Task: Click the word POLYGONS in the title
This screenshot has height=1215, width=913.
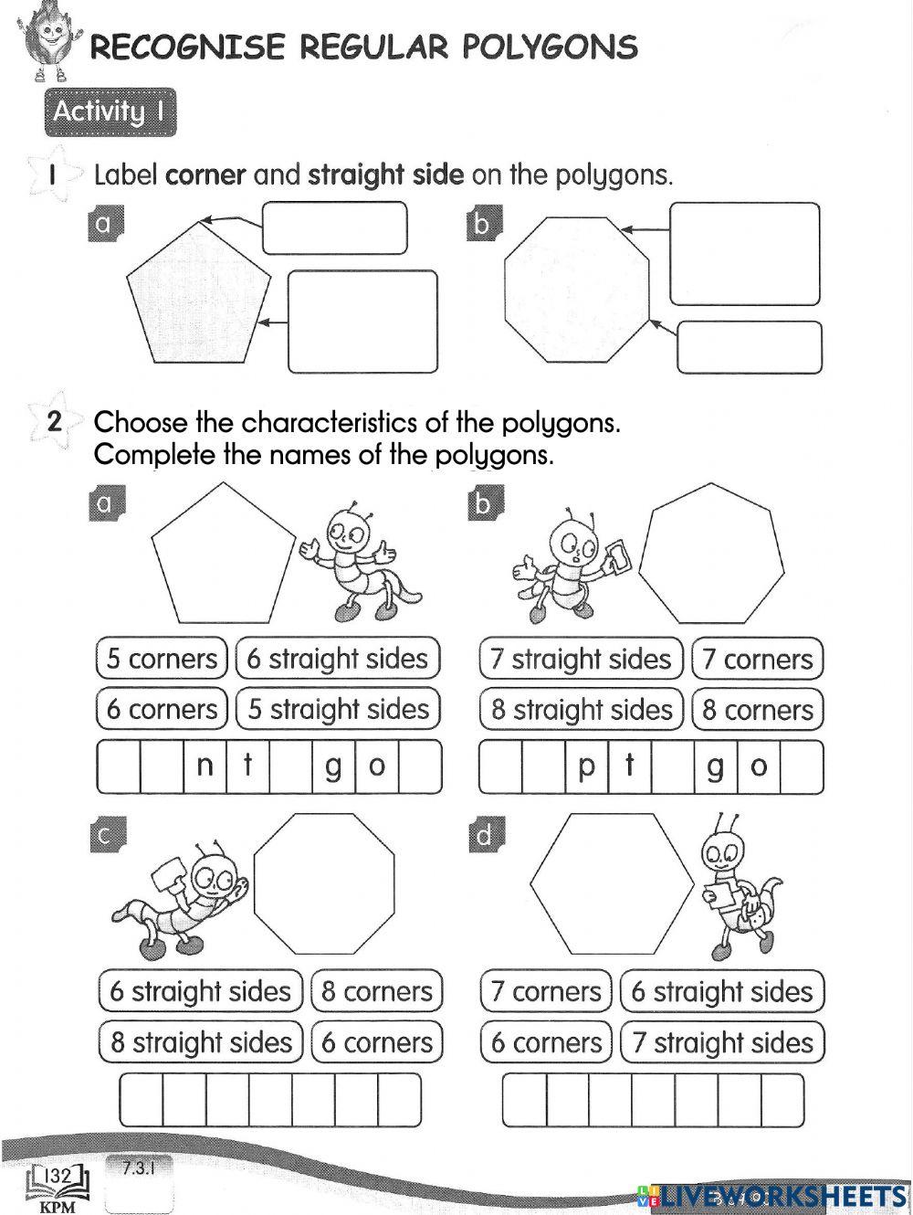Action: click(549, 47)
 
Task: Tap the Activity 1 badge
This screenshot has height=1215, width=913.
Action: click(109, 111)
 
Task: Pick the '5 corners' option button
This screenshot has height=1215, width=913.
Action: click(162, 659)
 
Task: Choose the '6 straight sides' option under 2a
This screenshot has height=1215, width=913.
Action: click(338, 659)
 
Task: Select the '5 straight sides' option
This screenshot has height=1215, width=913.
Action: click(338, 709)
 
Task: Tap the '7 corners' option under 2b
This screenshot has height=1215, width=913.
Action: click(757, 659)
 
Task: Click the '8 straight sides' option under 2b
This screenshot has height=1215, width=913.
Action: click(582, 710)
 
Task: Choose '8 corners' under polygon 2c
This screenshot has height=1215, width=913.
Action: click(376, 991)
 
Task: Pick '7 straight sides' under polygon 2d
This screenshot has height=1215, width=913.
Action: click(722, 1042)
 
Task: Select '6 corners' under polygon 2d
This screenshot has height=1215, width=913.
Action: click(546, 1042)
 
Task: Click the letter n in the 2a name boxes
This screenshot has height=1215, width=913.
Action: click(205, 766)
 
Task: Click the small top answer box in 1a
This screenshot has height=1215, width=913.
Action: click(334, 227)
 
